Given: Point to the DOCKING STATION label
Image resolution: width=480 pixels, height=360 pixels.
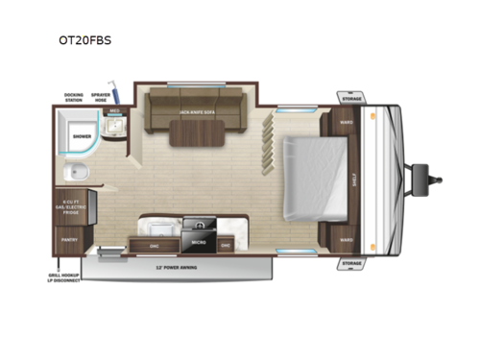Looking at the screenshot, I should [x=73, y=97].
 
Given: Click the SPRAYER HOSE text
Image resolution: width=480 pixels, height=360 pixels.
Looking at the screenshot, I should [x=100, y=97].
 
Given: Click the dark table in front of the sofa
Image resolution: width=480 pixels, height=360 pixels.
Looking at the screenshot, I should [x=197, y=137].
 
